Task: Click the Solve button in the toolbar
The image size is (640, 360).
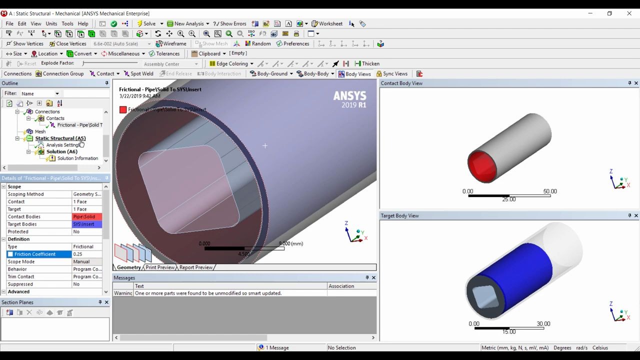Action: [147, 23]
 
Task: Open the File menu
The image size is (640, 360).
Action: [9, 23]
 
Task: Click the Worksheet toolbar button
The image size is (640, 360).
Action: [327, 23]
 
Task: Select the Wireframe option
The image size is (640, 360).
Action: [171, 43]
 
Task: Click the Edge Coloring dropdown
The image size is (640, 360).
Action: [231, 63]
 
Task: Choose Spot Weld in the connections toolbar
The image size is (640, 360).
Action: [138, 73]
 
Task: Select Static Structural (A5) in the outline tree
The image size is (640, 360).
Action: [60, 138]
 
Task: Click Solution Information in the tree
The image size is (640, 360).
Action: [77, 158]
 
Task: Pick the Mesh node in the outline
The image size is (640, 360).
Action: [40, 131]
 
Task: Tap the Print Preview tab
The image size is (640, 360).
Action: [160, 267]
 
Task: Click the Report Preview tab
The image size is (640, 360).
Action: [196, 267]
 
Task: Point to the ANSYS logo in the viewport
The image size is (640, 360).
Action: [349, 98]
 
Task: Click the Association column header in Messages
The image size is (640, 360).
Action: [341, 286]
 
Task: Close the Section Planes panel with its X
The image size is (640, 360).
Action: [106, 302]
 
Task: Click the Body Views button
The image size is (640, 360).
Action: [354, 74]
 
